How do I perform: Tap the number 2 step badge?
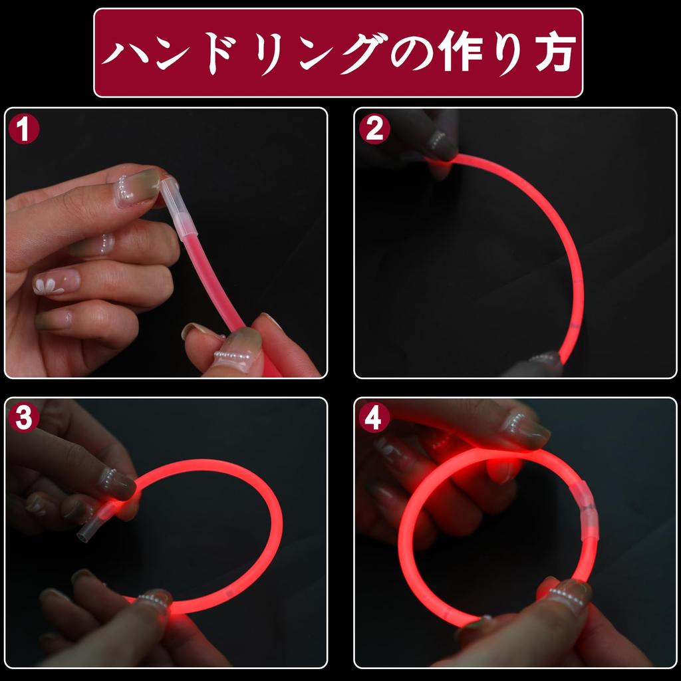coord(374,129)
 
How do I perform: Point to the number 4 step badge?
coord(374,418)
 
